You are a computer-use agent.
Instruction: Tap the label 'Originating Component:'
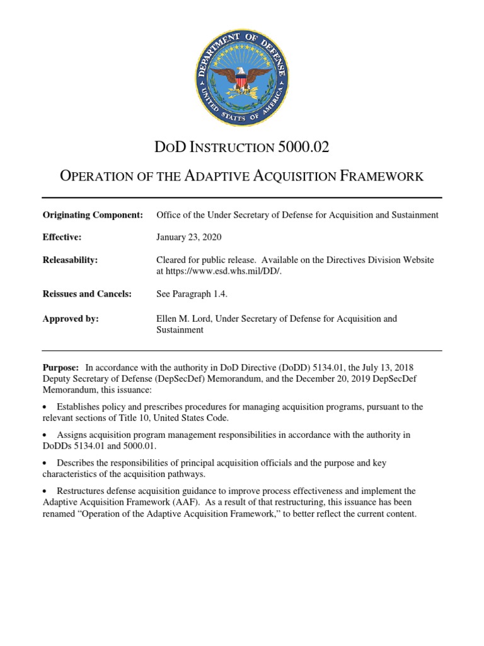[x=93, y=215]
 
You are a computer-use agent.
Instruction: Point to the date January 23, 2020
[x=188, y=237]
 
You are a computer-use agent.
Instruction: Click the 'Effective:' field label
[x=62, y=237]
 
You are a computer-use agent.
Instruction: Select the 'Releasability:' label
[x=70, y=260]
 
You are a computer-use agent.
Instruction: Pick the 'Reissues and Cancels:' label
[x=87, y=294]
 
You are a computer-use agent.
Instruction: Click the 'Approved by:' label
[x=71, y=319]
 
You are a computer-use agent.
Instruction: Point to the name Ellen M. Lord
[x=185, y=319]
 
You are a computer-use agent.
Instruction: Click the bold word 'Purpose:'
[x=60, y=367]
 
